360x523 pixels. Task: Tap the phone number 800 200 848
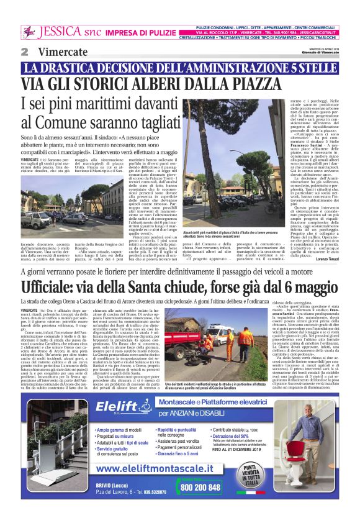coord(201,487)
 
